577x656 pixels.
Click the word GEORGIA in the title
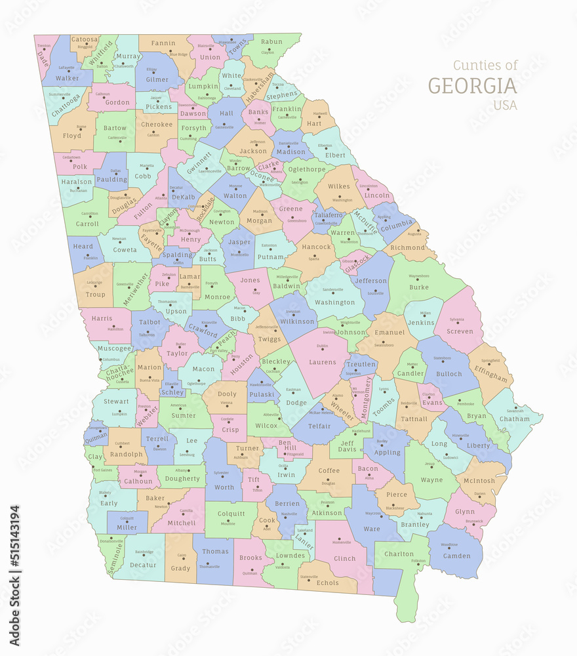tap(472, 86)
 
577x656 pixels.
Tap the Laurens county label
tap(323, 361)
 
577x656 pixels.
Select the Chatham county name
tap(515, 419)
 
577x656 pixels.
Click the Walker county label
tap(67, 78)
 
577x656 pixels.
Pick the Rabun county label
tap(271, 42)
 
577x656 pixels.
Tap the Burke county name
tap(419, 287)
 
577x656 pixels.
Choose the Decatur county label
tap(143, 564)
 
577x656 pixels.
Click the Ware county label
tap(371, 529)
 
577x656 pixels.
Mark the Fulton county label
tap(143, 213)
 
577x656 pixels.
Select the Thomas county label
tap(215, 552)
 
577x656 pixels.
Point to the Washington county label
tap(334, 302)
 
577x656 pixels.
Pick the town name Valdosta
tap(282, 567)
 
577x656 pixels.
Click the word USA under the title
tap(505, 105)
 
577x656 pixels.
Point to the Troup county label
tap(95, 295)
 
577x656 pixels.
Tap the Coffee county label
tap(329, 470)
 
